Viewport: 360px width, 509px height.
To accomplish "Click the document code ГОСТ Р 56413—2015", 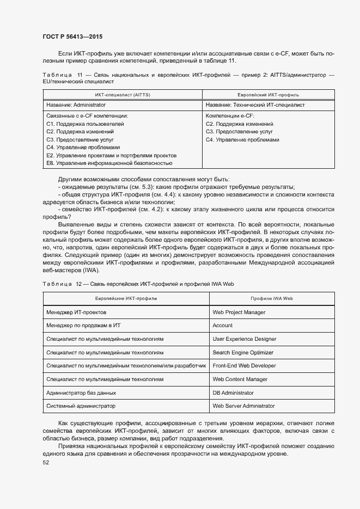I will (x=72, y=37).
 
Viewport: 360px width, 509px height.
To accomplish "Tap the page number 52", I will (x=45, y=463).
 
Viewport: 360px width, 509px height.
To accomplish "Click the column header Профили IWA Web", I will (x=272, y=299).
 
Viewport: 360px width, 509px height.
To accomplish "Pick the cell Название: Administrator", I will (x=76, y=105).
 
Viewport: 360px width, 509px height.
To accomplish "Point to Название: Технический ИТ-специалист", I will (x=255, y=105).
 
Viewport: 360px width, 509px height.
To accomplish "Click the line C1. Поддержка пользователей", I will (x=85, y=124).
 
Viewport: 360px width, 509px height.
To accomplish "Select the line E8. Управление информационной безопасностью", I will (x=109, y=163).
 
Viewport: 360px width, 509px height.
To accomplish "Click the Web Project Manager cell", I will (x=239, y=312).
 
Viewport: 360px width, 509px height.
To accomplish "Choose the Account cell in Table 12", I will (x=222, y=326).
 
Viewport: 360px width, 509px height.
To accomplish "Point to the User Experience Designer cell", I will (x=244, y=339).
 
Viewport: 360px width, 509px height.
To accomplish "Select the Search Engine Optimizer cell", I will (x=242, y=353).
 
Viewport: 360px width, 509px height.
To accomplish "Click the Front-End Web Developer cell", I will (x=244, y=366).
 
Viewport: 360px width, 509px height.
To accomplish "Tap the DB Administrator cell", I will (x=233, y=393).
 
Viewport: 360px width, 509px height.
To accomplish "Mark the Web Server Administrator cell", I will (x=243, y=406).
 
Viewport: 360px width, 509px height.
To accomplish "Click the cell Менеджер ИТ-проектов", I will (x=77, y=312).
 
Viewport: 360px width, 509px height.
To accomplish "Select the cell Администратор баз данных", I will (x=81, y=393).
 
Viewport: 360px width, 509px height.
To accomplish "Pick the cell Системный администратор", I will (x=81, y=406).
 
